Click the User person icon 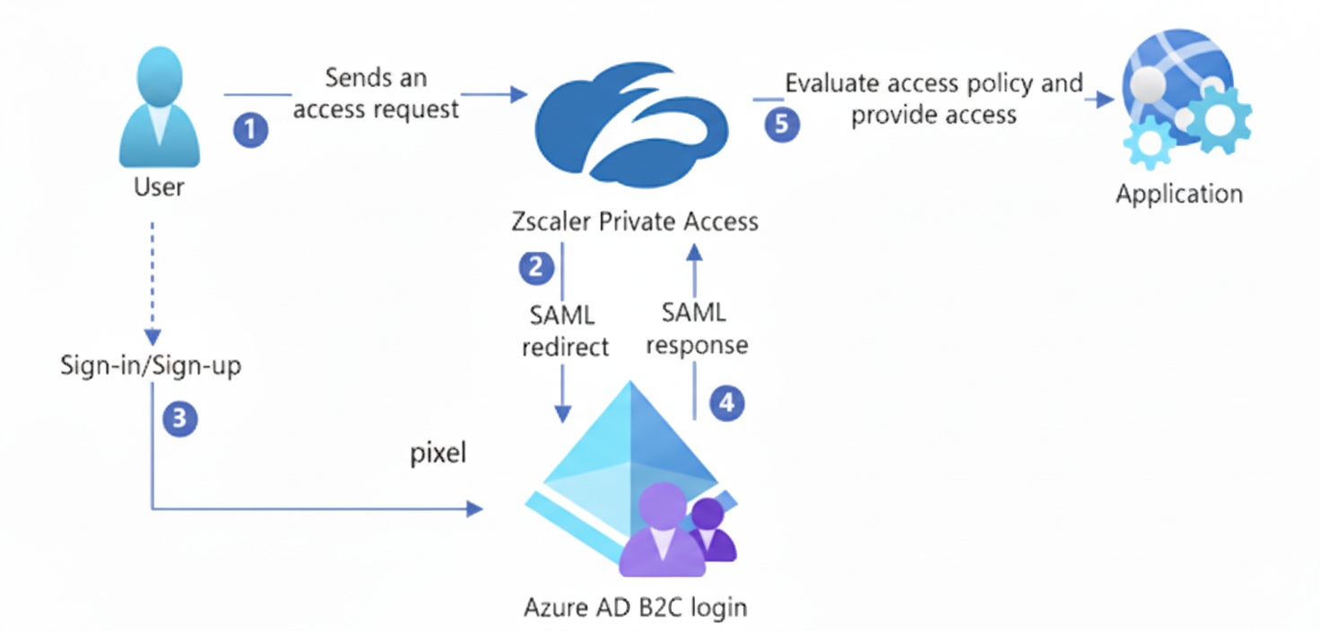click(x=160, y=107)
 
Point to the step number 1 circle click(x=251, y=130)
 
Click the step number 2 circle click(x=536, y=267)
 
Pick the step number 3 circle click(x=179, y=418)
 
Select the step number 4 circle click(x=727, y=403)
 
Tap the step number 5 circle click(x=781, y=124)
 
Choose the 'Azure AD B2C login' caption click(x=635, y=607)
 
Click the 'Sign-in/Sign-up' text click(x=151, y=366)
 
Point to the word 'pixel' click(x=439, y=454)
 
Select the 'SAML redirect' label click(x=564, y=331)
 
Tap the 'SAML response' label click(x=697, y=328)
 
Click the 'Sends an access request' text click(x=376, y=93)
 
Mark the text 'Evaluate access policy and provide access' click(x=934, y=99)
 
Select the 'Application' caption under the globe click(x=1178, y=194)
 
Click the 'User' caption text click(x=159, y=186)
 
